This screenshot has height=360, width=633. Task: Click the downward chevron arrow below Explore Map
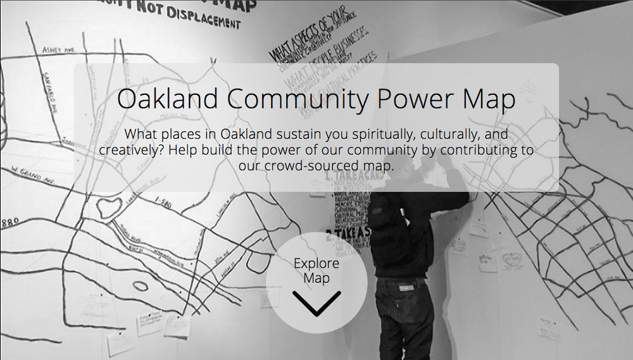[316, 302]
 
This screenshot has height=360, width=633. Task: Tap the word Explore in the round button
[316, 263]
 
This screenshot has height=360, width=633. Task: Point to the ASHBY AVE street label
[58, 49]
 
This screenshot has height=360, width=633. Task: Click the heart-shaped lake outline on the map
[108, 207]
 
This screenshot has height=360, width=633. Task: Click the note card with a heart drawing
[511, 259]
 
